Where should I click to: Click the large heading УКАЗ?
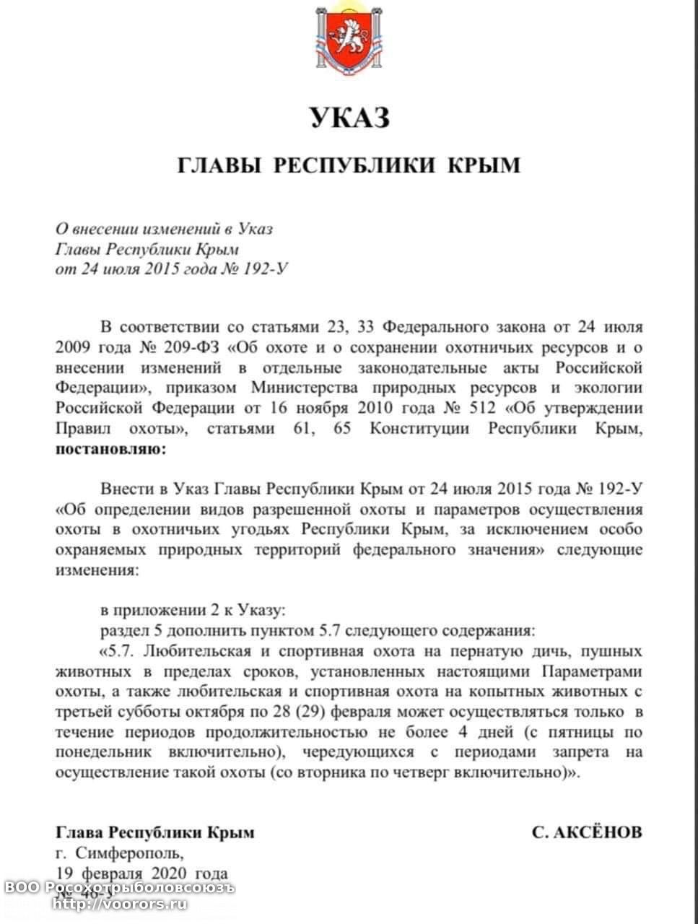point(350,117)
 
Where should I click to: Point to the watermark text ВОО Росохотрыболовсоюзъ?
point(118,887)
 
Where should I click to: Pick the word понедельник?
point(103,752)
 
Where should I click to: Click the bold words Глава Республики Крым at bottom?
point(155,832)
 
